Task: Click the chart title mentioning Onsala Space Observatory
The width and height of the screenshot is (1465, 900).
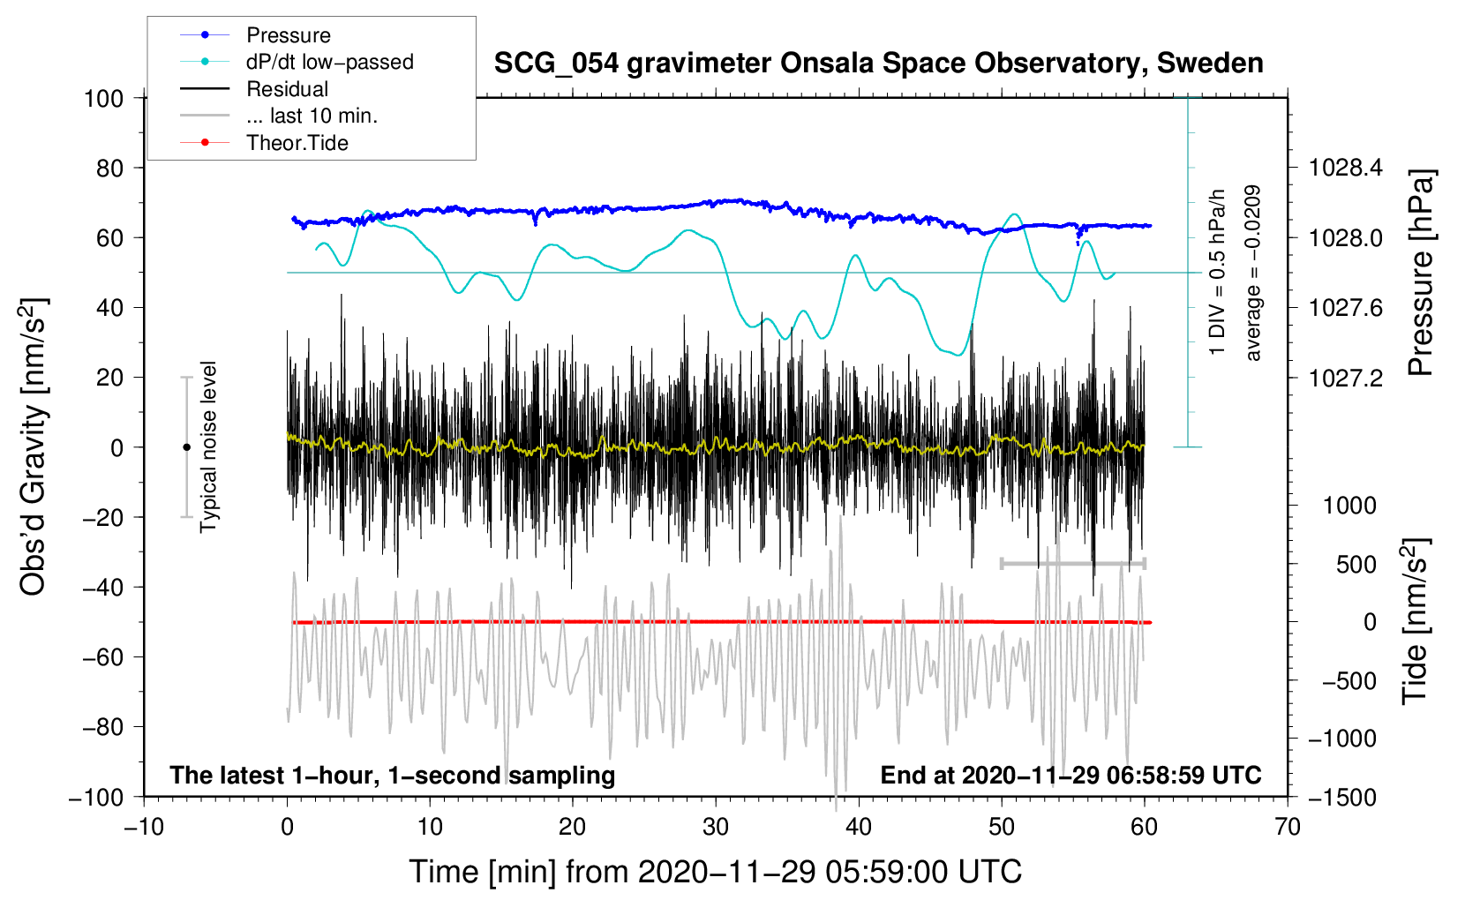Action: pos(878,64)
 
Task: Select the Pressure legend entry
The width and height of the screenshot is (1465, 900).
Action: pos(288,35)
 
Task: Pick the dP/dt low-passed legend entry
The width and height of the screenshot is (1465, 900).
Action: pos(329,62)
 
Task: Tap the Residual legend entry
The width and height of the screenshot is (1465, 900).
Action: pos(287,89)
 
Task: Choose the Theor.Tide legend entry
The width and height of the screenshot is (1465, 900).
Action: pos(297,143)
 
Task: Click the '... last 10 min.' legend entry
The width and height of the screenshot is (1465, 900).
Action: pos(312,116)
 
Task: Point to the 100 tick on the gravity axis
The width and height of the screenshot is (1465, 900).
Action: pos(103,98)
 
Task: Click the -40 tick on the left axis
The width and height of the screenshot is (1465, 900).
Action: pos(103,587)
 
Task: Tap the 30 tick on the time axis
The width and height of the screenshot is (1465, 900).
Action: pos(716,827)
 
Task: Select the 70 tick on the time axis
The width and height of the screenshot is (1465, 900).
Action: pos(1288,827)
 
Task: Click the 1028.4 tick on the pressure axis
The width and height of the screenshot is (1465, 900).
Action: pos(1344,168)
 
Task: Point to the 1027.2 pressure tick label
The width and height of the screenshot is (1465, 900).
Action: pos(1344,378)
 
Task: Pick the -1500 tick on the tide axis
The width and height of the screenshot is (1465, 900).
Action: pos(1341,797)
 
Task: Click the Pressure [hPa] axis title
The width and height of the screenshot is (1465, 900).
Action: pos(1421,274)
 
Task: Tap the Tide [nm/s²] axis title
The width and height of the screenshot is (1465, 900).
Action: pos(1415,622)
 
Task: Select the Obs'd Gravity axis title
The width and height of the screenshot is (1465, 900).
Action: pos(34,446)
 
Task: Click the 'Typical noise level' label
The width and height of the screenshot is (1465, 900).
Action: pos(208,446)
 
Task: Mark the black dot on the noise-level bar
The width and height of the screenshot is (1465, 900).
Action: pos(186,447)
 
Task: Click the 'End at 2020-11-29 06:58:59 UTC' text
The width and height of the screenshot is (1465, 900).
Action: pos(1071,775)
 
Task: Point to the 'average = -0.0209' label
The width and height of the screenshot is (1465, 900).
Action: pos(1253,274)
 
